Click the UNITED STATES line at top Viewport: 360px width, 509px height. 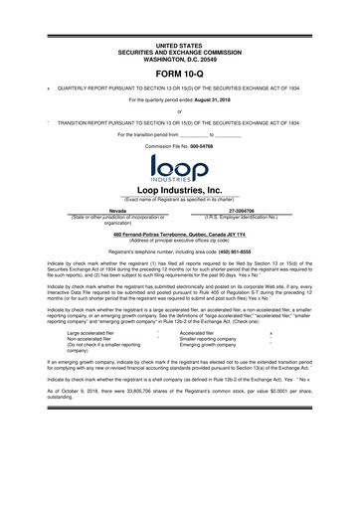coord(179,46)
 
